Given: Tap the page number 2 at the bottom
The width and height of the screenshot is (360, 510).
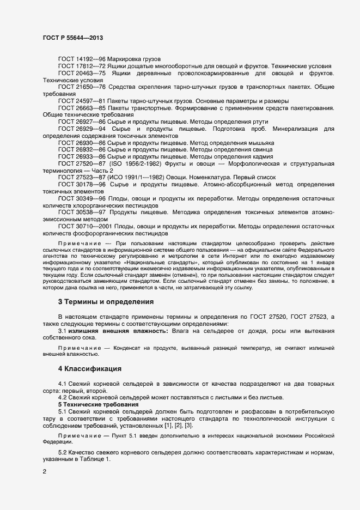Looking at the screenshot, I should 44,472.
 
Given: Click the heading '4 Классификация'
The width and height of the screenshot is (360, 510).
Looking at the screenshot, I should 90,369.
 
